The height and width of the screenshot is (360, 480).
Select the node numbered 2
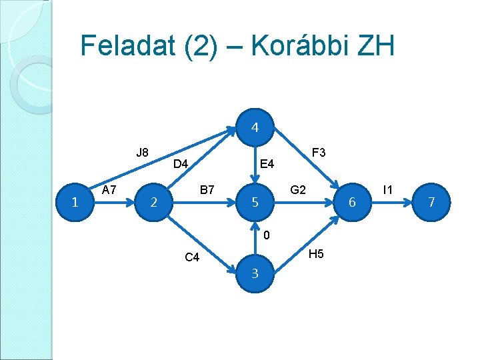click(x=154, y=202)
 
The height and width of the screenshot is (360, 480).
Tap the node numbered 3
click(x=255, y=273)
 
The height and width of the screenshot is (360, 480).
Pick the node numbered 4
click(x=255, y=127)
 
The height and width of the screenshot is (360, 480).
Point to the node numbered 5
click(x=255, y=202)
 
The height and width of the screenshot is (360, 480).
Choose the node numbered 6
click(x=353, y=202)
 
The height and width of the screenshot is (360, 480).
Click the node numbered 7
click(x=431, y=202)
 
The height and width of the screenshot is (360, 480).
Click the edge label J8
click(x=142, y=153)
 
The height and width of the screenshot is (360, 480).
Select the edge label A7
click(x=109, y=190)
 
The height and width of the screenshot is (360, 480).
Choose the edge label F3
click(x=318, y=153)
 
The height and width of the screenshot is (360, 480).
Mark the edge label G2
click(x=298, y=190)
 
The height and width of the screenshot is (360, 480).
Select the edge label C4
click(x=192, y=258)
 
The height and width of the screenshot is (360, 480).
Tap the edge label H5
click(x=317, y=254)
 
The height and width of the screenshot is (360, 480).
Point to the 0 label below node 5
click(x=266, y=235)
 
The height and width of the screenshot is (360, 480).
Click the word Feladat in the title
click(x=126, y=46)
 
